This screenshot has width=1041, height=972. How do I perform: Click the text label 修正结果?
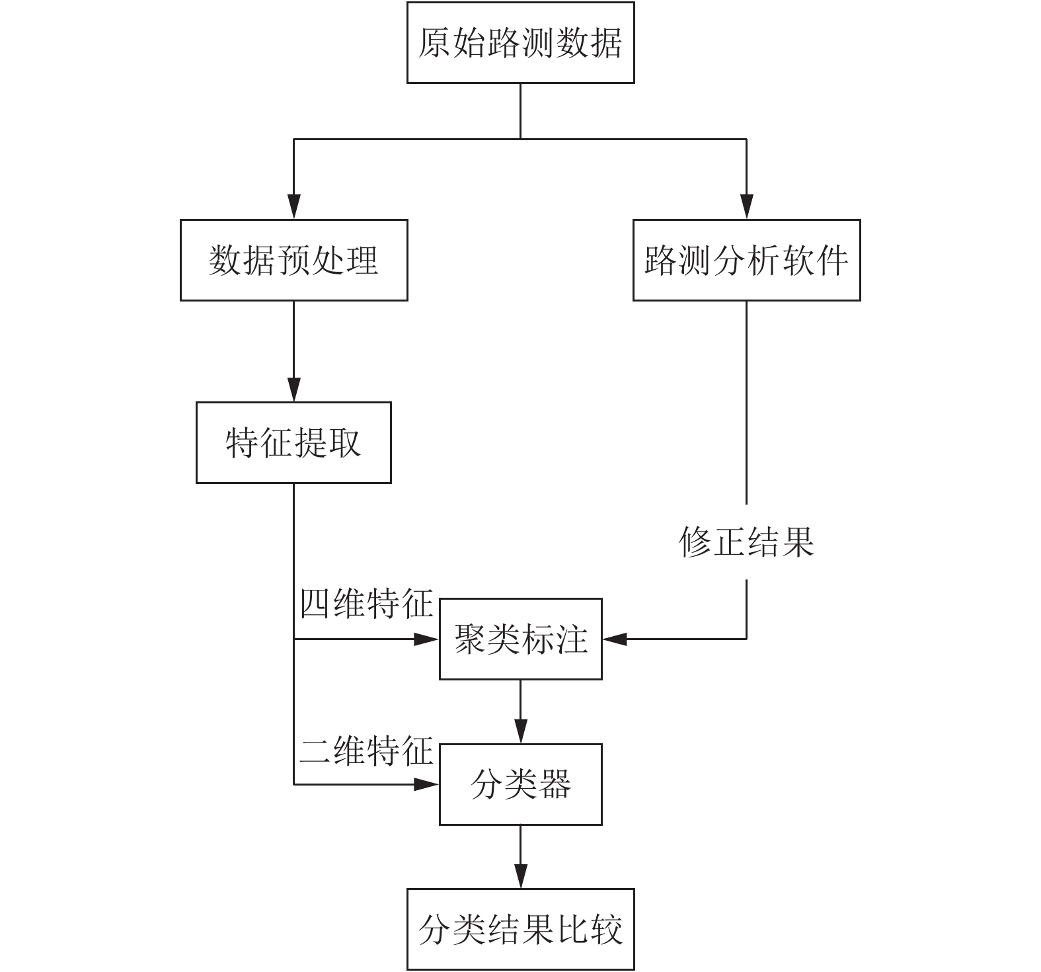[x=747, y=542]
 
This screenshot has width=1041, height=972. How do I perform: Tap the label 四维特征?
[x=366, y=603]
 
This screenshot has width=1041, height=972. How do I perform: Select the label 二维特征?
[x=366, y=750]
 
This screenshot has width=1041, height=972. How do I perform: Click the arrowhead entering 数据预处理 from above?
[x=293, y=207]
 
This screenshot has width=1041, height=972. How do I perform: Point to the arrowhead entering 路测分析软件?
[x=747, y=207]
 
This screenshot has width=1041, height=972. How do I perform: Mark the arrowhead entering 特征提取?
[x=293, y=389]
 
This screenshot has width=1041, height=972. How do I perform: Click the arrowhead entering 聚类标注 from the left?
[x=427, y=639]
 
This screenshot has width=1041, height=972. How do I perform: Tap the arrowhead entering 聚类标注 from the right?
[x=615, y=639]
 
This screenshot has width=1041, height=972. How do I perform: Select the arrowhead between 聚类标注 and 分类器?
[x=520, y=731]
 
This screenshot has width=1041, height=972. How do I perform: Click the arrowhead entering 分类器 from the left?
[x=427, y=784]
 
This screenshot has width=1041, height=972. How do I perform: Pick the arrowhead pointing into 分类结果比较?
[x=520, y=877]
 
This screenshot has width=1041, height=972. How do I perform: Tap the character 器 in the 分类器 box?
[x=555, y=785]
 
